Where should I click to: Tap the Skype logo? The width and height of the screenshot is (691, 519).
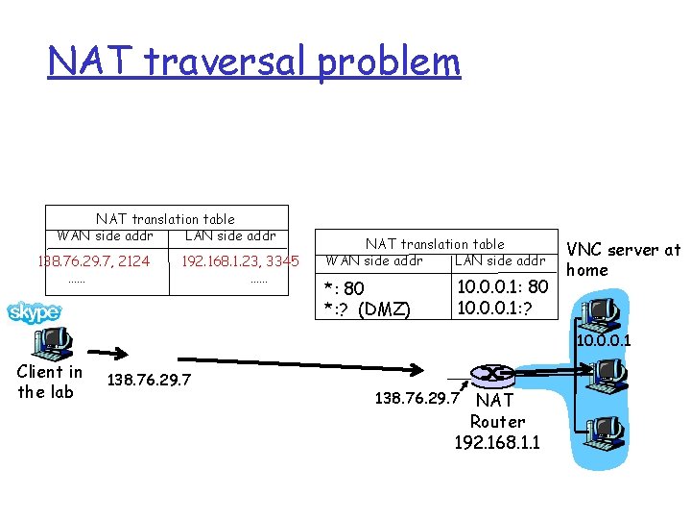(x=35, y=311)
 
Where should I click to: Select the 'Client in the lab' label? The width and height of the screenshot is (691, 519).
(x=50, y=381)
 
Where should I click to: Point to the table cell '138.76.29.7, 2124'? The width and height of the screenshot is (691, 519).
(x=93, y=260)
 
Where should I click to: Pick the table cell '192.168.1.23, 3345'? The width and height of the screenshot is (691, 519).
(x=240, y=260)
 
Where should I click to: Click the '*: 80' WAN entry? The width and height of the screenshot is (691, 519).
(x=344, y=288)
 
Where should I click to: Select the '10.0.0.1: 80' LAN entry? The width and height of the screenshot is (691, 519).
(x=502, y=286)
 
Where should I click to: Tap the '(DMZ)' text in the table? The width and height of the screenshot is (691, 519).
(x=392, y=309)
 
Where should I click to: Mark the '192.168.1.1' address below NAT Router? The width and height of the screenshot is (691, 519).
(x=497, y=442)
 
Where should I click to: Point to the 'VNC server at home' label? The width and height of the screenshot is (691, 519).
(x=624, y=259)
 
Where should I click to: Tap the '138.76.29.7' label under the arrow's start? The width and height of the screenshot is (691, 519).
(x=149, y=381)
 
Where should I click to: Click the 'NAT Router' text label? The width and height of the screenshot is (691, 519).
(x=497, y=410)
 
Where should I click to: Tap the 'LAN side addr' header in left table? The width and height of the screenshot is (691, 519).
(x=230, y=235)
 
